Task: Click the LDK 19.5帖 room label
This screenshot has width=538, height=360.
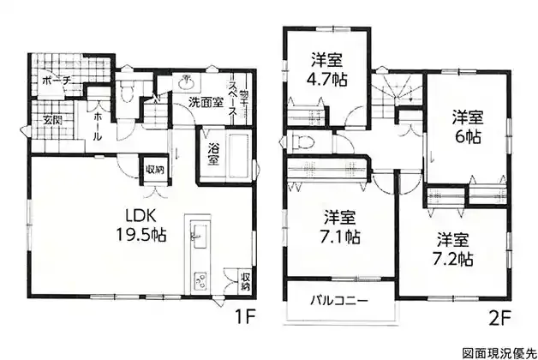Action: tap(141, 225)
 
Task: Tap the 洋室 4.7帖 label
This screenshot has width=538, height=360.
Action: tap(327, 69)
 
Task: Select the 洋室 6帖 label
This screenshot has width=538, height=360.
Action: tap(467, 127)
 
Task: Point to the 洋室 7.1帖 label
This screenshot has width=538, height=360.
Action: tap(340, 227)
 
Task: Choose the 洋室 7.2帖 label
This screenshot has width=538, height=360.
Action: tap(453, 249)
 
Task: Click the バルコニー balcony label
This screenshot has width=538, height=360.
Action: tap(339, 301)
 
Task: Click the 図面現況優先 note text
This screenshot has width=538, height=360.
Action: tap(499, 352)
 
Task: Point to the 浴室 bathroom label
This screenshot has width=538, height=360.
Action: tap(213, 154)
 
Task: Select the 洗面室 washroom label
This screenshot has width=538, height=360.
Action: tap(206, 102)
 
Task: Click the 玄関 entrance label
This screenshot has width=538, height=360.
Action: tap(53, 121)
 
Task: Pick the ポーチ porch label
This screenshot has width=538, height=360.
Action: tap(57, 81)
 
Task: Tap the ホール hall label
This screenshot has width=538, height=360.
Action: tap(98, 127)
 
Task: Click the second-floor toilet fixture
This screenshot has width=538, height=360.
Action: tap(302, 141)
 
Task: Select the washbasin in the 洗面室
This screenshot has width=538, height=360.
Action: tap(187, 81)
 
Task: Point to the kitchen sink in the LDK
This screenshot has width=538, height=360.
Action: tap(199, 236)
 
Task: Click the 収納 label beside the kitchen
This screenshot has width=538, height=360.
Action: tap(245, 281)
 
